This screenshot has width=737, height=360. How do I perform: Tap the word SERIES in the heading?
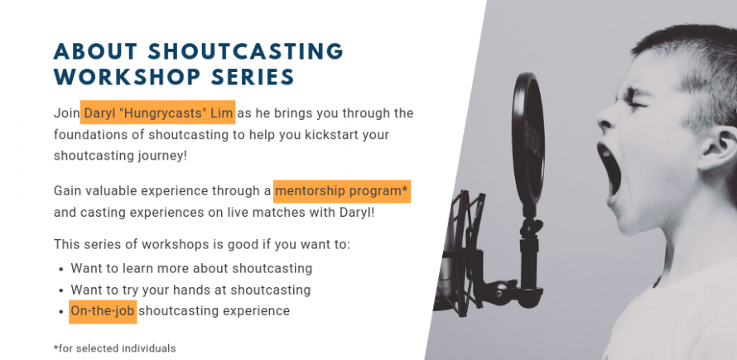(253, 77)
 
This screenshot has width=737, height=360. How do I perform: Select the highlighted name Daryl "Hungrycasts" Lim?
(158, 113)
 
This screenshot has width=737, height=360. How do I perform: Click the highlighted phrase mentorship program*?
(342, 191)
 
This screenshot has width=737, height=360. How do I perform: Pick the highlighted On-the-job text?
(103, 311)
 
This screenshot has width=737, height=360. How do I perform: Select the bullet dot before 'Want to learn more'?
(61, 270)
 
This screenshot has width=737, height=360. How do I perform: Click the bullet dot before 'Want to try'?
(61, 291)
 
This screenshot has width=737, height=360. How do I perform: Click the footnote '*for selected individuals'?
(114, 348)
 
